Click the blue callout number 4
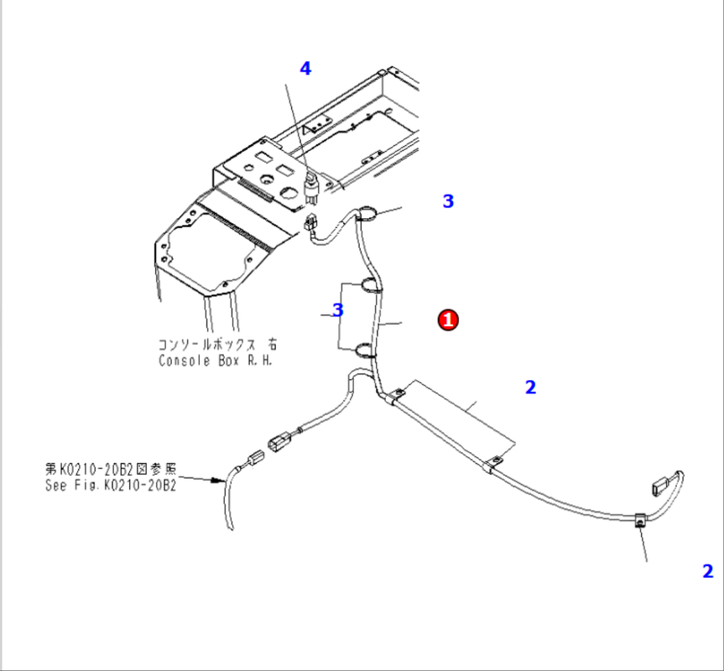coord(305,69)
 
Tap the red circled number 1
coord(449,320)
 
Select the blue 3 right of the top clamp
coord(448,201)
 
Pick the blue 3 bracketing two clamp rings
coord(338,310)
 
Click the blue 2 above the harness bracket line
coord(530,388)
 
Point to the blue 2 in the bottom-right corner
coord(708,571)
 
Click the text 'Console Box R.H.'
coord(216,361)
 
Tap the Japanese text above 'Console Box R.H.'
coord(216,344)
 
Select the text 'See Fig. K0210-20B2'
coord(111,486)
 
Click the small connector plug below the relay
coord(311,225)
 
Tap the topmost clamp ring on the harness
coord(367,216)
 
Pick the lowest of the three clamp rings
coord(365,351)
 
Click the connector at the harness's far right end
coord(659,484)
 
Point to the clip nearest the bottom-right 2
coord(639,523)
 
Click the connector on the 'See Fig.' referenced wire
coord(254,460)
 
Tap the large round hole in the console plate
coord(266,178)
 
